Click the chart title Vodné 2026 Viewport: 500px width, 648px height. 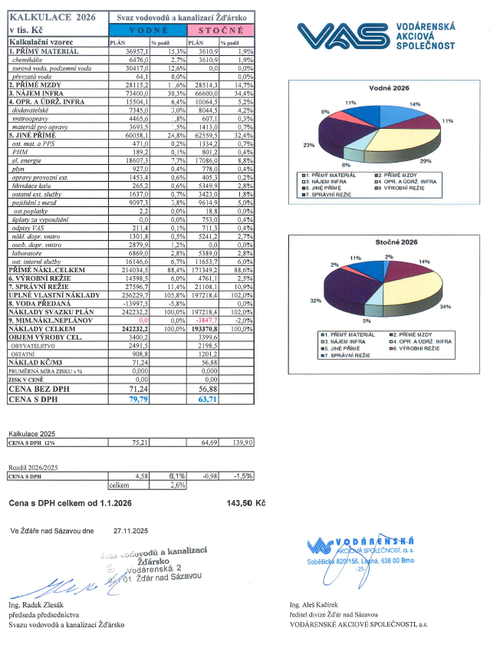click(388, 89)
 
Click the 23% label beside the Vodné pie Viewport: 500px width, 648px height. click(308, 146)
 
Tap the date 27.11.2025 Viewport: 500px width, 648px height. click(129, 530)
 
